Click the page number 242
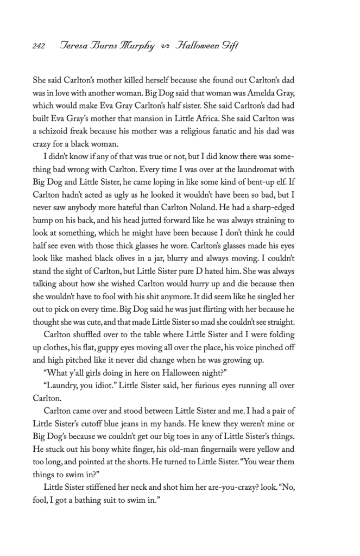tap(38, 46)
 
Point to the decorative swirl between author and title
tap(165, 47)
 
